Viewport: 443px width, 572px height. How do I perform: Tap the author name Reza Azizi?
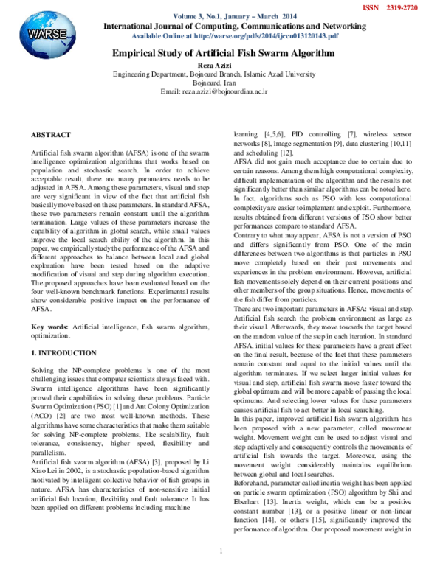coord(221,66)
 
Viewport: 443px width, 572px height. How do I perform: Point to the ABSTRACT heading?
coord(51,135)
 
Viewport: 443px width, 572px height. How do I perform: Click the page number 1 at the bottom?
coord(221,551)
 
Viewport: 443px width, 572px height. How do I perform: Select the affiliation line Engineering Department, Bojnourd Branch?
coord(221,74)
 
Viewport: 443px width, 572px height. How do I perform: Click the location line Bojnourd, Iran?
coord(221,83)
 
